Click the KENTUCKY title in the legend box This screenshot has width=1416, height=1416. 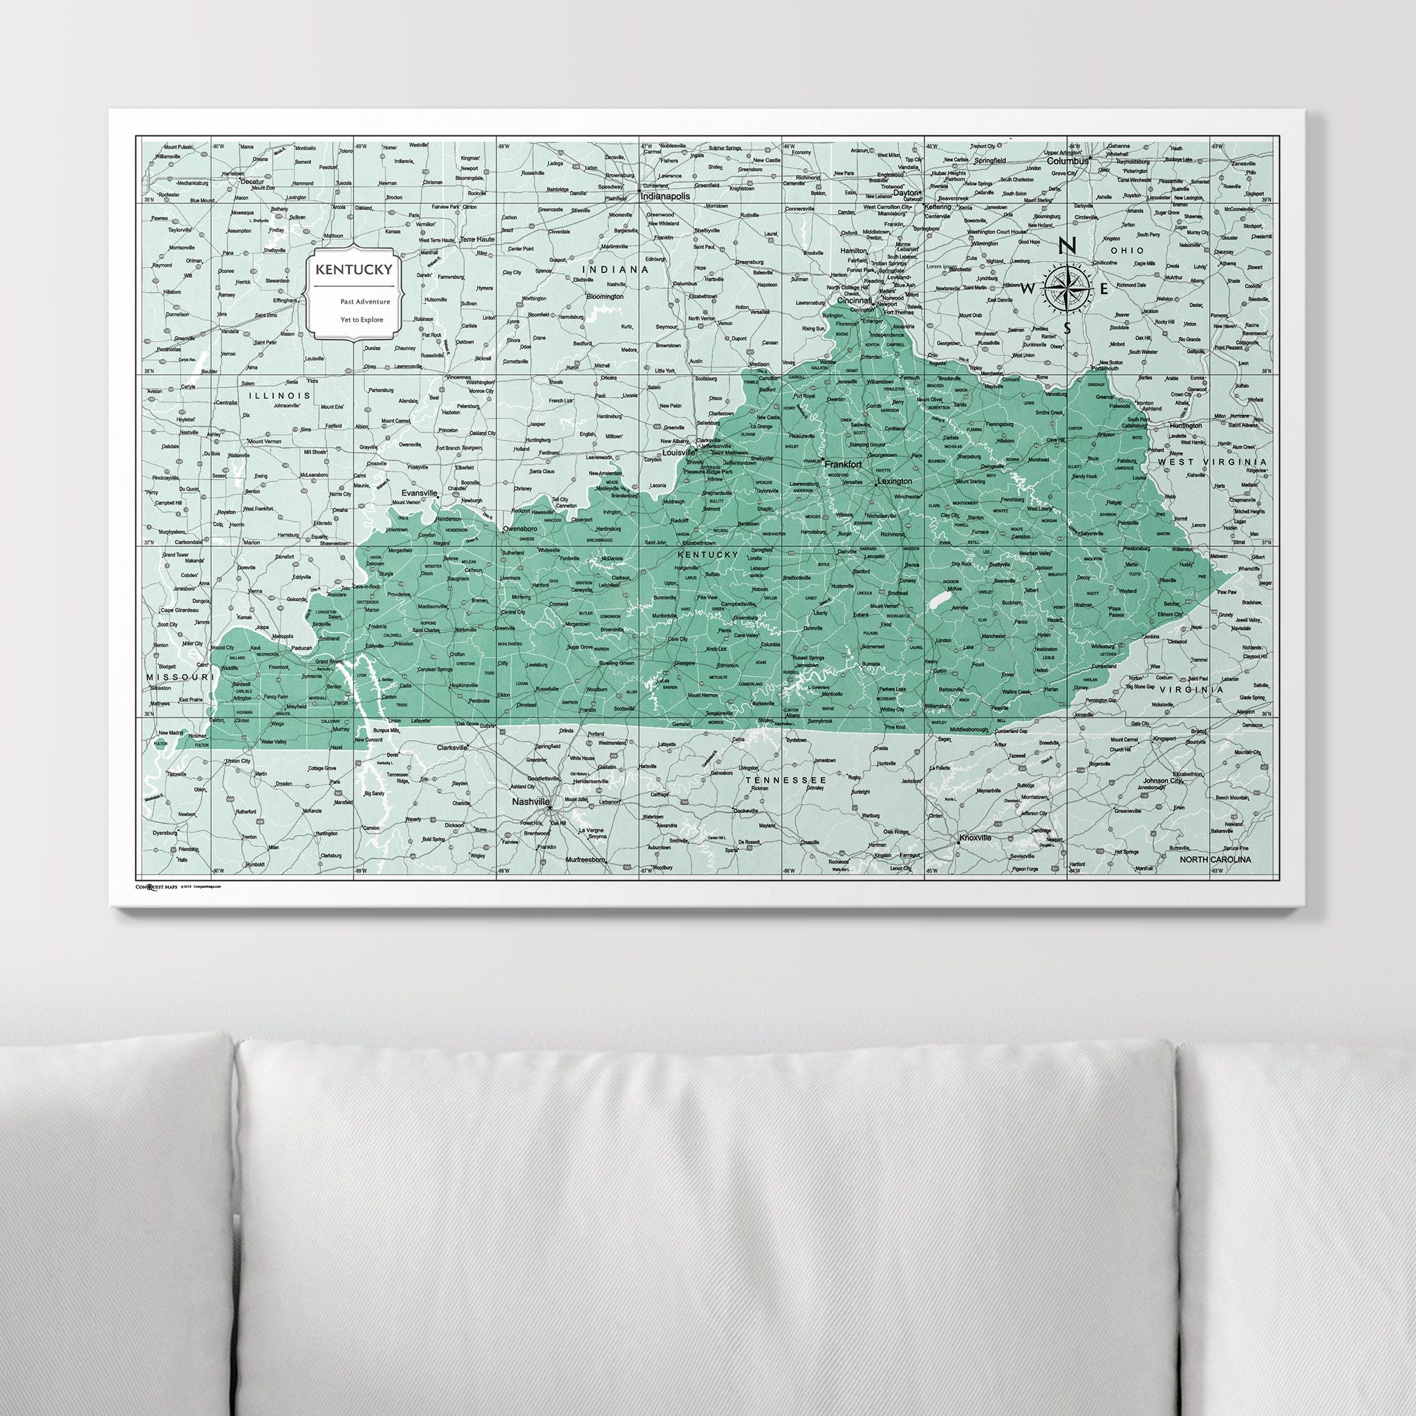(x=353, y=269)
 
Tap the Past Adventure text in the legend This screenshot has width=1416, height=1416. (x=364, y=301)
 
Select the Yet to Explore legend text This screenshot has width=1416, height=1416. (x=362, y=319)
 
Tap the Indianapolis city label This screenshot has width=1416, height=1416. (x=667, y=197)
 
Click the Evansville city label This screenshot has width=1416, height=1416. (x=418, y=493)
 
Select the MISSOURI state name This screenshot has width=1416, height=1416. (x=179, y=676)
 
